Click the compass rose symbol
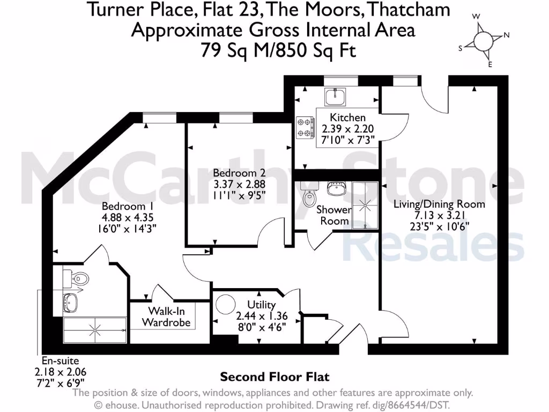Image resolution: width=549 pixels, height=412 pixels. pyautogui.click(x=484, y=41)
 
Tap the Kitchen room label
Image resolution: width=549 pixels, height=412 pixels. pyautogui.click(x=347, y=117)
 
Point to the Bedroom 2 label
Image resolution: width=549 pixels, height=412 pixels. pyautogui.click(x=239, y=173)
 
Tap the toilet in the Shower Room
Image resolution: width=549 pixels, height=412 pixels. pyautogui.click(x=310, y=197)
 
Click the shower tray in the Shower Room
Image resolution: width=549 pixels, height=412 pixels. pyautogui.click(x=365, y=205)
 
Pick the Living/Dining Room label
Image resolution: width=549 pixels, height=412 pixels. pyautogui.click(x=439, y=204)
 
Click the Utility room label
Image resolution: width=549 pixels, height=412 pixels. pyautogui.click(x=262, y=305)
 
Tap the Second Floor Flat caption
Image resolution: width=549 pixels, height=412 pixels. pyautogui.click(x=274, y=377)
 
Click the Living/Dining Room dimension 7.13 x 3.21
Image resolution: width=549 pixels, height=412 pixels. pyautogui.click(x=439, y=215)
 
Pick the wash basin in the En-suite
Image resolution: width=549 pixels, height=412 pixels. pyautogui.click(x=70, y=301)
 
